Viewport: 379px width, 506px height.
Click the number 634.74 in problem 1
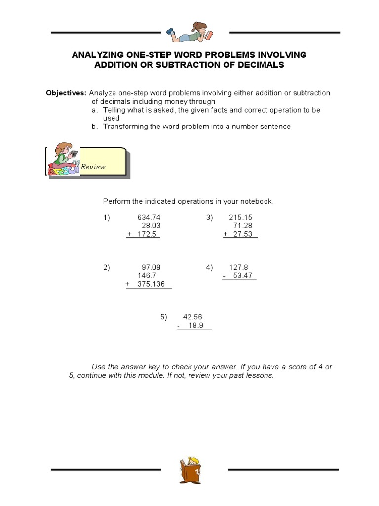[149, 217]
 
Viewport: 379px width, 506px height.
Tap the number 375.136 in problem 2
[152, 284]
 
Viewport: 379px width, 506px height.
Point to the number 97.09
[151, 267]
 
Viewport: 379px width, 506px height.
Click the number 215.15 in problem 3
[241, 217]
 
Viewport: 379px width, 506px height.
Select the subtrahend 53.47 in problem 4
[243, 276]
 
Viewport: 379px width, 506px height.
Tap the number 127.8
[239, 267]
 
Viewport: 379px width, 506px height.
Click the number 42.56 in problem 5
[192, 317]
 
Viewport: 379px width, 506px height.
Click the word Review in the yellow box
[93, 167]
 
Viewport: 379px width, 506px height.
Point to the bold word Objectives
[66, 93]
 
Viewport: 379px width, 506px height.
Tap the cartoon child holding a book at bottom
[190, 469]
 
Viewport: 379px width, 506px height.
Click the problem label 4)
[210, 267]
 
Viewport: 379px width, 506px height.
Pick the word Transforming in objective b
[124, 126]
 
